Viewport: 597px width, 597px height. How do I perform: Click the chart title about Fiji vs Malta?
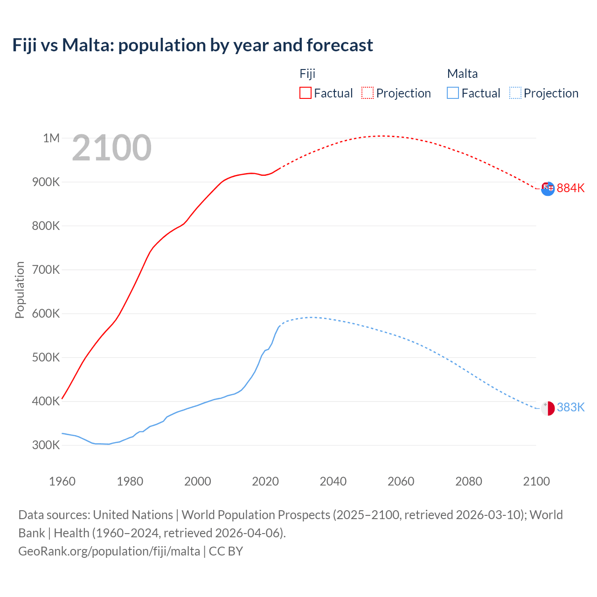(193, 45)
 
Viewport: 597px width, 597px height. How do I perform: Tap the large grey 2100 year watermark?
(111, 148)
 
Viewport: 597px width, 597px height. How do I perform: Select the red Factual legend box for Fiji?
(305, 93)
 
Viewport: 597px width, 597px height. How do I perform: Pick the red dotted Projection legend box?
(368, 93)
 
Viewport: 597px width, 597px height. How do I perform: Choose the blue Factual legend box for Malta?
(453, 93)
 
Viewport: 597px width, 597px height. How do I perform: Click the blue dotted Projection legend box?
(515, 93)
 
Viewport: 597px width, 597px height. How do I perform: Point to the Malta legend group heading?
(462, 74)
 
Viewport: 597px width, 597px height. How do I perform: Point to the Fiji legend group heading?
(307, 74)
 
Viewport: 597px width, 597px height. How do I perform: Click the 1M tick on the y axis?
(51, 138)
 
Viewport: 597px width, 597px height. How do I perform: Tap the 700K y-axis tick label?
(46, 270)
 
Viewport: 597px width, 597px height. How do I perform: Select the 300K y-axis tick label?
(46, 445)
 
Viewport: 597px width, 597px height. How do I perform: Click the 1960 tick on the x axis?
(62, 481)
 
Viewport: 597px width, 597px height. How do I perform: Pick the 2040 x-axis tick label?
(333, 481)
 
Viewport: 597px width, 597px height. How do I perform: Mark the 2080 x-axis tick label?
(468, 481)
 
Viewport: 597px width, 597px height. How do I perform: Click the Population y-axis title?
(20, 290)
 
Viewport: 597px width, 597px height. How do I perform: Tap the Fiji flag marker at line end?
(548, 188)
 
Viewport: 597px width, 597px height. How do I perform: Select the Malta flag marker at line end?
(548, 408)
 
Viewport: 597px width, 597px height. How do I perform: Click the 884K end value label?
(570, 188)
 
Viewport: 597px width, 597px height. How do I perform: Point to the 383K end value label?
(570, 407)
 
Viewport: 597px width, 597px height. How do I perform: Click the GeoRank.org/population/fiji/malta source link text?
(109, 551)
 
